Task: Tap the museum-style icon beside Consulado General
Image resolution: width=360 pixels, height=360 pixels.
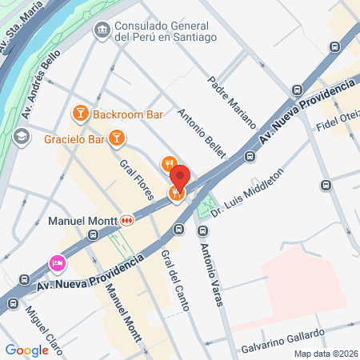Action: pos(102,30)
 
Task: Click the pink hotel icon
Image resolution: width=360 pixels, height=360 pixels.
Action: pos(57,262)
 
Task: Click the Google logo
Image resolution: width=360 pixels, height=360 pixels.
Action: pos(26,350)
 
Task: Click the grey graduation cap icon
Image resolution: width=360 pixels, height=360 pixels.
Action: pos(22,134)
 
